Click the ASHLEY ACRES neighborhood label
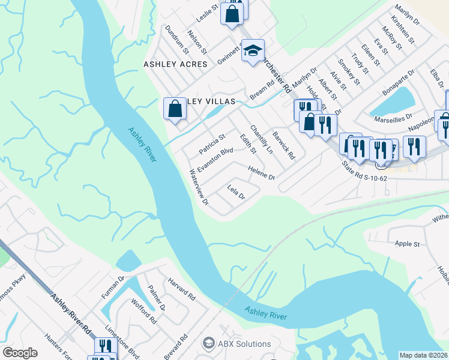[x=175, y=64]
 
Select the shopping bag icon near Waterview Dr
[x=175, y=109]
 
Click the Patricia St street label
[x=211, y=143]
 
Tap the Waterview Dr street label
[x=199, y=186]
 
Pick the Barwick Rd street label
[x=283, y=146]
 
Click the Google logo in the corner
[x=20, y=353]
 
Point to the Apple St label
[x=407, y=244]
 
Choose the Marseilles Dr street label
[x=394, y=116]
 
